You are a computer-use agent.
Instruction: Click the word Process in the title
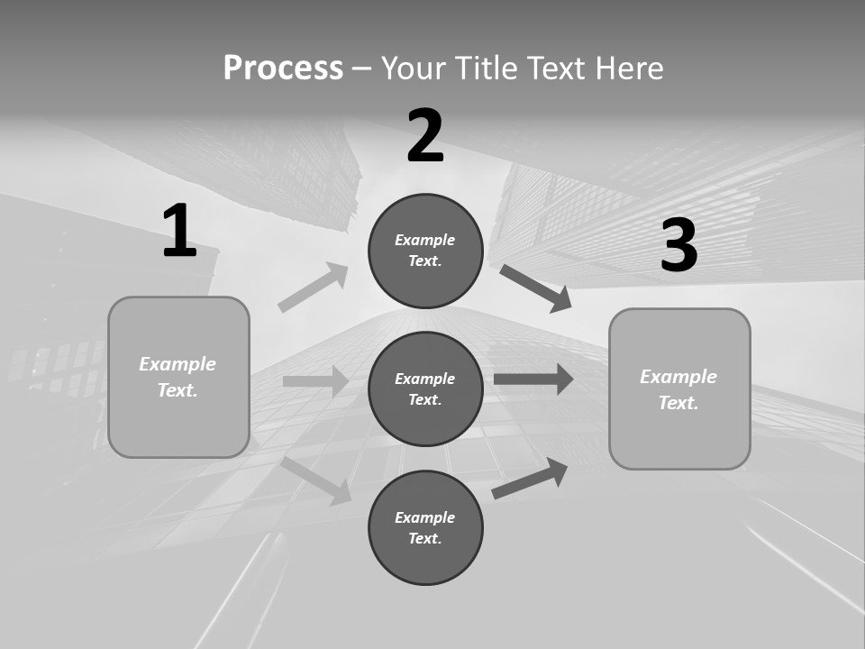283,68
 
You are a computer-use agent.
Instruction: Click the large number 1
179,232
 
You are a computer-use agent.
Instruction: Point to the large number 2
425,136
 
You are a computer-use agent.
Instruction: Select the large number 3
678,246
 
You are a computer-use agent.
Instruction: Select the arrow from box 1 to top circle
313,288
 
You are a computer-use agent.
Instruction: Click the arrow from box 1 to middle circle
315,381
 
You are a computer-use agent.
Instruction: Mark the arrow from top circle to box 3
535,288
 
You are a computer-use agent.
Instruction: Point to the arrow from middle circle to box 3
533,379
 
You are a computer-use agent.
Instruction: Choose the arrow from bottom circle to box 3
530,479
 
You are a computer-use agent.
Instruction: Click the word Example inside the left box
178,364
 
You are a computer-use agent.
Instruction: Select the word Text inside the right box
678,403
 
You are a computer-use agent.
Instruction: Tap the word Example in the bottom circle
425,517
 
